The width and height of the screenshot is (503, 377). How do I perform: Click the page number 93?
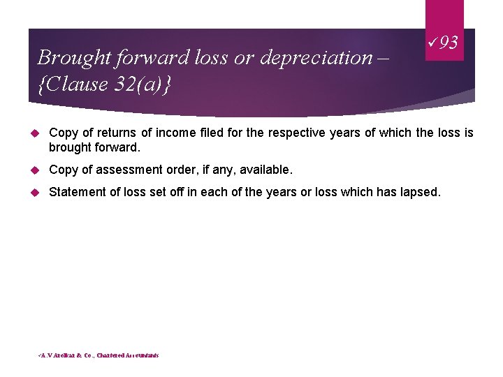[x=450, y=43]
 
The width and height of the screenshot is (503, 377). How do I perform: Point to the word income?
[x=175, y=133]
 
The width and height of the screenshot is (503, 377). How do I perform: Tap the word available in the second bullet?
[x=265, y=170]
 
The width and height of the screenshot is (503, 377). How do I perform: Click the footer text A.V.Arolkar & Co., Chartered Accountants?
[x=99, y=355]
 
